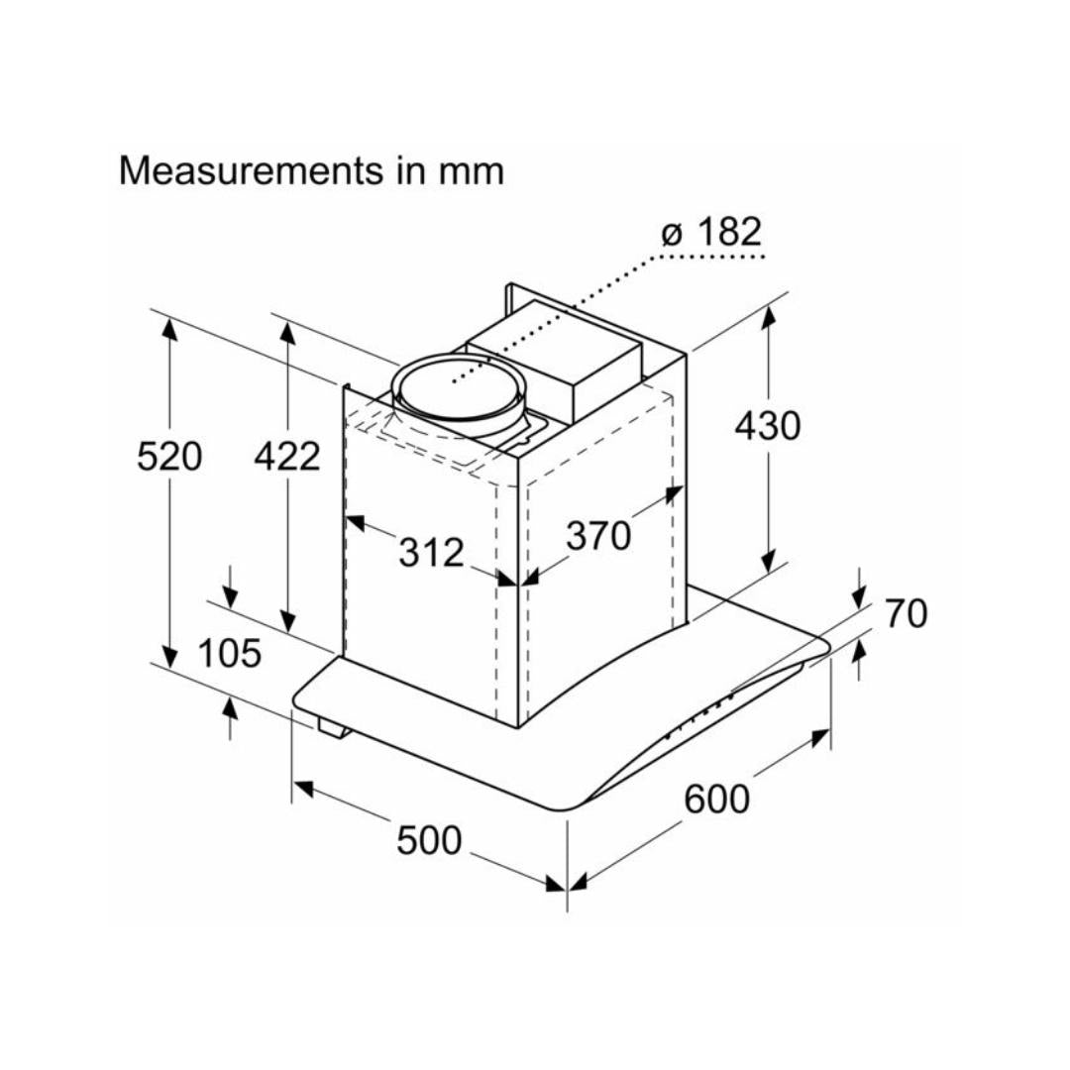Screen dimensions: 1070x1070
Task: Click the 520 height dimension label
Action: click(169, 457)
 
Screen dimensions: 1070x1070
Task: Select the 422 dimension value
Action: click(287, 457)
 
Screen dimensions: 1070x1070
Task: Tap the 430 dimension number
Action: click(767, 426)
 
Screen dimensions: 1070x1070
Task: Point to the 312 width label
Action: click(431, 552)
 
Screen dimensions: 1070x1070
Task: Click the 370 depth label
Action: click(598, 536)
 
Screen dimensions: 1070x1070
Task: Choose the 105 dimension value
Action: click(229, 654)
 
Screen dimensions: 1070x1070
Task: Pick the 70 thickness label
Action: click(906, 614)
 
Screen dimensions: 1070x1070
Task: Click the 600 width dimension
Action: click(717, 799)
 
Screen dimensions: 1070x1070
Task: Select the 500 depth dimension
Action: click(429, 841)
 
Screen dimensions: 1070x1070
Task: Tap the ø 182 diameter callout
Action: click(712, 233)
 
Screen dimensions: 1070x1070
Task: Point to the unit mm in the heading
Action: click(471, 171)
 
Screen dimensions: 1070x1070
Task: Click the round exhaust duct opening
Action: click(459, 388)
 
